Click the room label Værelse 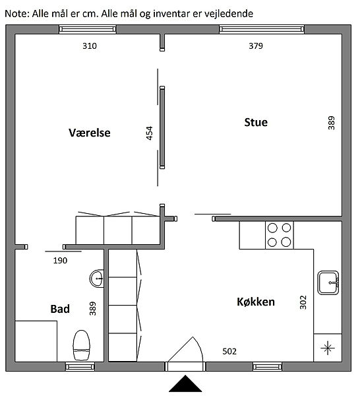point(90,133)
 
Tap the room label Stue point(256,122)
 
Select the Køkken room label point(256,302)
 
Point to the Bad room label point(60,309)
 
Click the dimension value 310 point(90,46)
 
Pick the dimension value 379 point(256,46)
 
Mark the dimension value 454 point(150,133)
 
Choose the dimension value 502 point(229,351)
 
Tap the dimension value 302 point(303,302)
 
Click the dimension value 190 point(60,261)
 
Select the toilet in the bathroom point(81,345)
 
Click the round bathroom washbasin point(97,279)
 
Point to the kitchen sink point(328,282)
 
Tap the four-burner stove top point(280,235)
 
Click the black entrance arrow point(185,383)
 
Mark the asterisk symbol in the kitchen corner point(328,348)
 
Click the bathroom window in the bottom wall point(80,366)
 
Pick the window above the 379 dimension point(262,29)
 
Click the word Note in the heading point(15,14)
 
